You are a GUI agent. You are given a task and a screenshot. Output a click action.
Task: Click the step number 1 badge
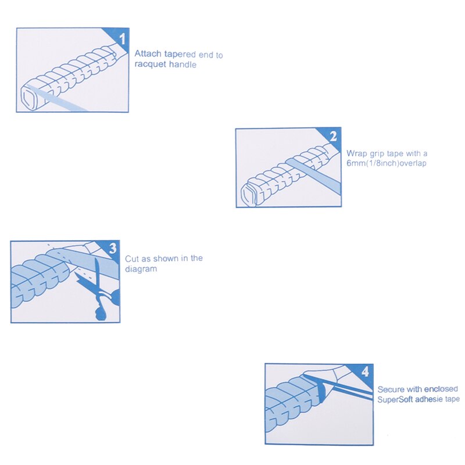[x=122, y=38]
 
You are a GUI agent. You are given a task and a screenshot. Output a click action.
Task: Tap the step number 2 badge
[x=333, y=137]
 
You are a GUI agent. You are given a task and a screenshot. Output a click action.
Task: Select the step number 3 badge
[x=113, y=248]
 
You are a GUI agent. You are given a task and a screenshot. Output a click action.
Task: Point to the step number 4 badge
[x=365, y=371]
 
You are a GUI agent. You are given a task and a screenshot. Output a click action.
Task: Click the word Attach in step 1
[x=148, y=53]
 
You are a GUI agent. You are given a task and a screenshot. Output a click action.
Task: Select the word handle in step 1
[x=183, y=65]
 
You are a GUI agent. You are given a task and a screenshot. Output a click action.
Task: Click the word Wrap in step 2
[x=357, y=153]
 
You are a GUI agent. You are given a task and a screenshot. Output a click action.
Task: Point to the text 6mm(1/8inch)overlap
[x=387, y=163]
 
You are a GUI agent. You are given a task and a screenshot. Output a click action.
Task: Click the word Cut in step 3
[x=132, y=259]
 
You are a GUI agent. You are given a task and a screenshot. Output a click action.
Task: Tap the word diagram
[x=141, y=269]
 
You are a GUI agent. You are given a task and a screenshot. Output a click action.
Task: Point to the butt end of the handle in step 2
[x=249, y=194]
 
